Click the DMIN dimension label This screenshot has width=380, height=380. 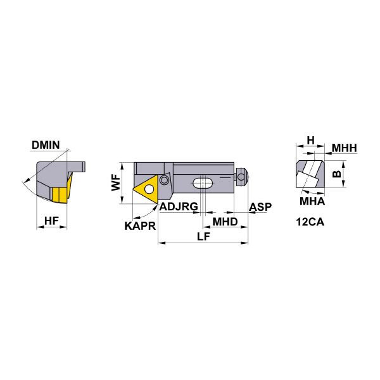pos(46,145)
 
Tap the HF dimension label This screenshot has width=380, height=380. pos(52,221)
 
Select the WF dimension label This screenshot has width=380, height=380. pos(116,182)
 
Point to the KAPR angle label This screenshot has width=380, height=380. pos(140,226)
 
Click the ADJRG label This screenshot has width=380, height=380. pos(179,206)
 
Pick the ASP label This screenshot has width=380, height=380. pos(260,206)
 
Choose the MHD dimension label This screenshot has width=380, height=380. pos(225,222)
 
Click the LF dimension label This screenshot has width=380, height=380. pos(203,236)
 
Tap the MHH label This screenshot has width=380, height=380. pos(345,148)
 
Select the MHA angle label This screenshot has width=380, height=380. pos(312,201)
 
